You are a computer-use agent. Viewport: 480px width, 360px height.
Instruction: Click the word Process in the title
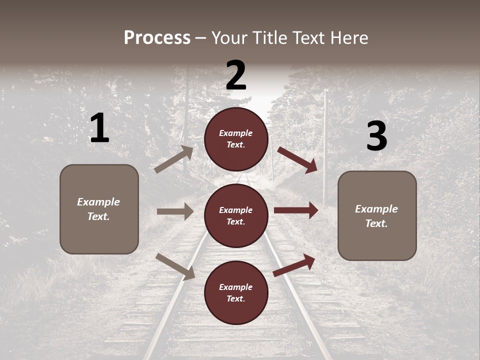tap(157, 38)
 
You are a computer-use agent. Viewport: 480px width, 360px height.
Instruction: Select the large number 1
tap(99, 128)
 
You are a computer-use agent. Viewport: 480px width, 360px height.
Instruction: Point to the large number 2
tap(236, 75)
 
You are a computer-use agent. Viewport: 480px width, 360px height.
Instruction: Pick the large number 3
tap(376, 136)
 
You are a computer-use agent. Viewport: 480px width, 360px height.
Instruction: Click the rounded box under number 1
tap(99, 209)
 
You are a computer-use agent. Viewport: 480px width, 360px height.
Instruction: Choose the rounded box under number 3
tap(377, 215)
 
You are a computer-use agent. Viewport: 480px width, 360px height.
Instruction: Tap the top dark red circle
tap(236, 139)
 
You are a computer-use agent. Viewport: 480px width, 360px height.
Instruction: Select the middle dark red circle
tap(236, 215)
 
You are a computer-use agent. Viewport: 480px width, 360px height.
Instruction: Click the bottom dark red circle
tap(236, 292)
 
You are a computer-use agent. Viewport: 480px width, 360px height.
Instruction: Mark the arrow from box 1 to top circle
tap(174, 159)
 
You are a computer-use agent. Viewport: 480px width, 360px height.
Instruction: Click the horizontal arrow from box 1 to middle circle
tap(175, 211)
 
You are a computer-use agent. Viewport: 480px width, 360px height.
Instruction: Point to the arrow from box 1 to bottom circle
tap(175, 266)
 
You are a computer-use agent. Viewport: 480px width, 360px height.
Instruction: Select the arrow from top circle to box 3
tap(298, 160)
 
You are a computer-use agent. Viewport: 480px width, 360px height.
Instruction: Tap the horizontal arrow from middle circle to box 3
tap(296, 210)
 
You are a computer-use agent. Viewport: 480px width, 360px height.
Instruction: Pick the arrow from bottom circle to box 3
tap(294, 265)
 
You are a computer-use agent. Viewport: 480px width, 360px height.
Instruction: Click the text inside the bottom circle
tap(236, 293)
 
